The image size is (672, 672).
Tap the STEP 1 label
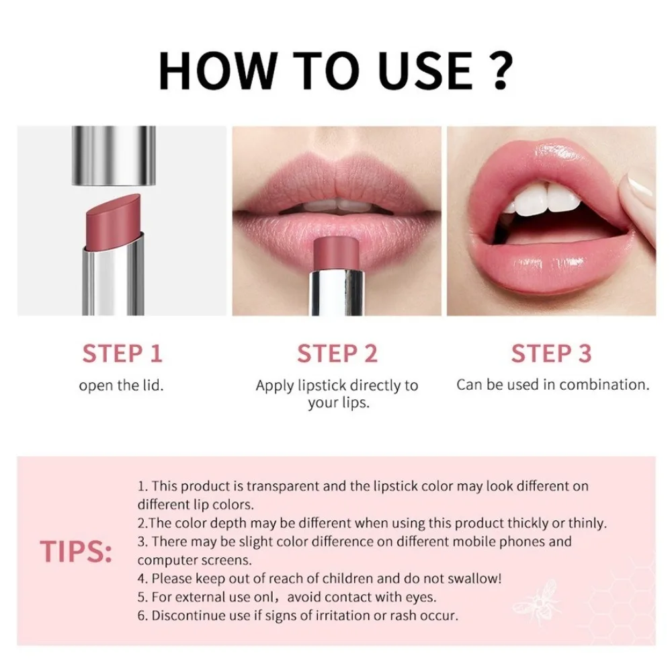(122, 353)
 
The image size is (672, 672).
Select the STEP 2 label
(337, 353)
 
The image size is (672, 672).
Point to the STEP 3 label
(551, 353)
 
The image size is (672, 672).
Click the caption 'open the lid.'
(122, 386)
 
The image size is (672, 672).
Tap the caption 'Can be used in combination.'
(553, 385)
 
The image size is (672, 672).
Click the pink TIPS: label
(75, 550)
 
